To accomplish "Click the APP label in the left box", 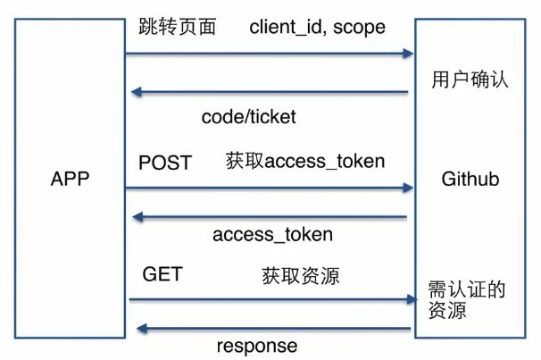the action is pos(70,179).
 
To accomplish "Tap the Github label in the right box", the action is pos(470,180).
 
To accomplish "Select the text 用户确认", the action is pos(470,79).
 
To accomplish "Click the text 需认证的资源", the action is pos(467,299).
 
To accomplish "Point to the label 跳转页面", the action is pos(178,27).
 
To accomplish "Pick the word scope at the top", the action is pos(359,29).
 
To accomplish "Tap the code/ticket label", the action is pos(249,117).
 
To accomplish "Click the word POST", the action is pos(165,163).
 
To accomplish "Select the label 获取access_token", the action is pos(305,161).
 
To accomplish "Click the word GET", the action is pos(162,274).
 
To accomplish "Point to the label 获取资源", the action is pos(301,276).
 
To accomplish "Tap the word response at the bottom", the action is pos(257,346).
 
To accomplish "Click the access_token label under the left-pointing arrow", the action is pos(272,235).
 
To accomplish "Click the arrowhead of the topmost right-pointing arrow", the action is pos(408,54).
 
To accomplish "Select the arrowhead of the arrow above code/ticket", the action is pos(137,92).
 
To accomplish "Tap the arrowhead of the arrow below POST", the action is pos(408,188).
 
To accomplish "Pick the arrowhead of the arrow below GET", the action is pos(412,299).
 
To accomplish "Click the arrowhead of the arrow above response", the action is pos(142,329).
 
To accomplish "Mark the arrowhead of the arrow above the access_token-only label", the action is pos(138,217).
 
